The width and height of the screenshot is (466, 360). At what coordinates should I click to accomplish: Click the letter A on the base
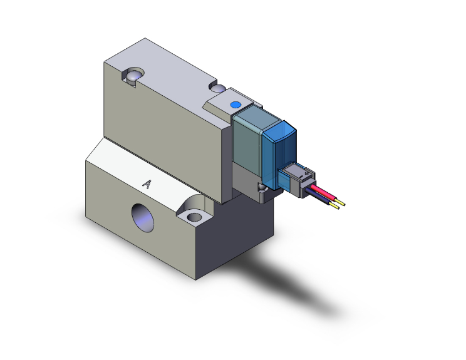click(148, 184)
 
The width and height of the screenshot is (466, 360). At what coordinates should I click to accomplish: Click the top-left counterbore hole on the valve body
click(133, 76)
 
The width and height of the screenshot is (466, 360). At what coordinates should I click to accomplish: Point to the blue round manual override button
click(236, 105)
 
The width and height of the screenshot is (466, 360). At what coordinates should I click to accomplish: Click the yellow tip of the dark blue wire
click(338, 207)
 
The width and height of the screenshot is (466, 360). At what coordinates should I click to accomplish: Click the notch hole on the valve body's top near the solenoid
click(221, 87)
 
